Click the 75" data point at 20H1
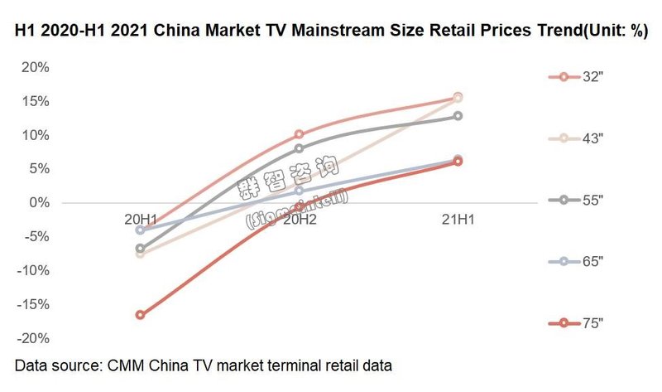point(141,315)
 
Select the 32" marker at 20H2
point(299,134)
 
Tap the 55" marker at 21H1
point(458,116)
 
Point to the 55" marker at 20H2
point(299,149)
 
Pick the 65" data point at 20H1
point(141,230)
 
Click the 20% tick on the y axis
point(36,67)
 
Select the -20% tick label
point(33,339)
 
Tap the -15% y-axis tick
point(33,305)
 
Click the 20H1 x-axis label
point(142,219)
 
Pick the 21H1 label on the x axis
point(458,219)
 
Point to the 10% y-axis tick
point(36,135)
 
